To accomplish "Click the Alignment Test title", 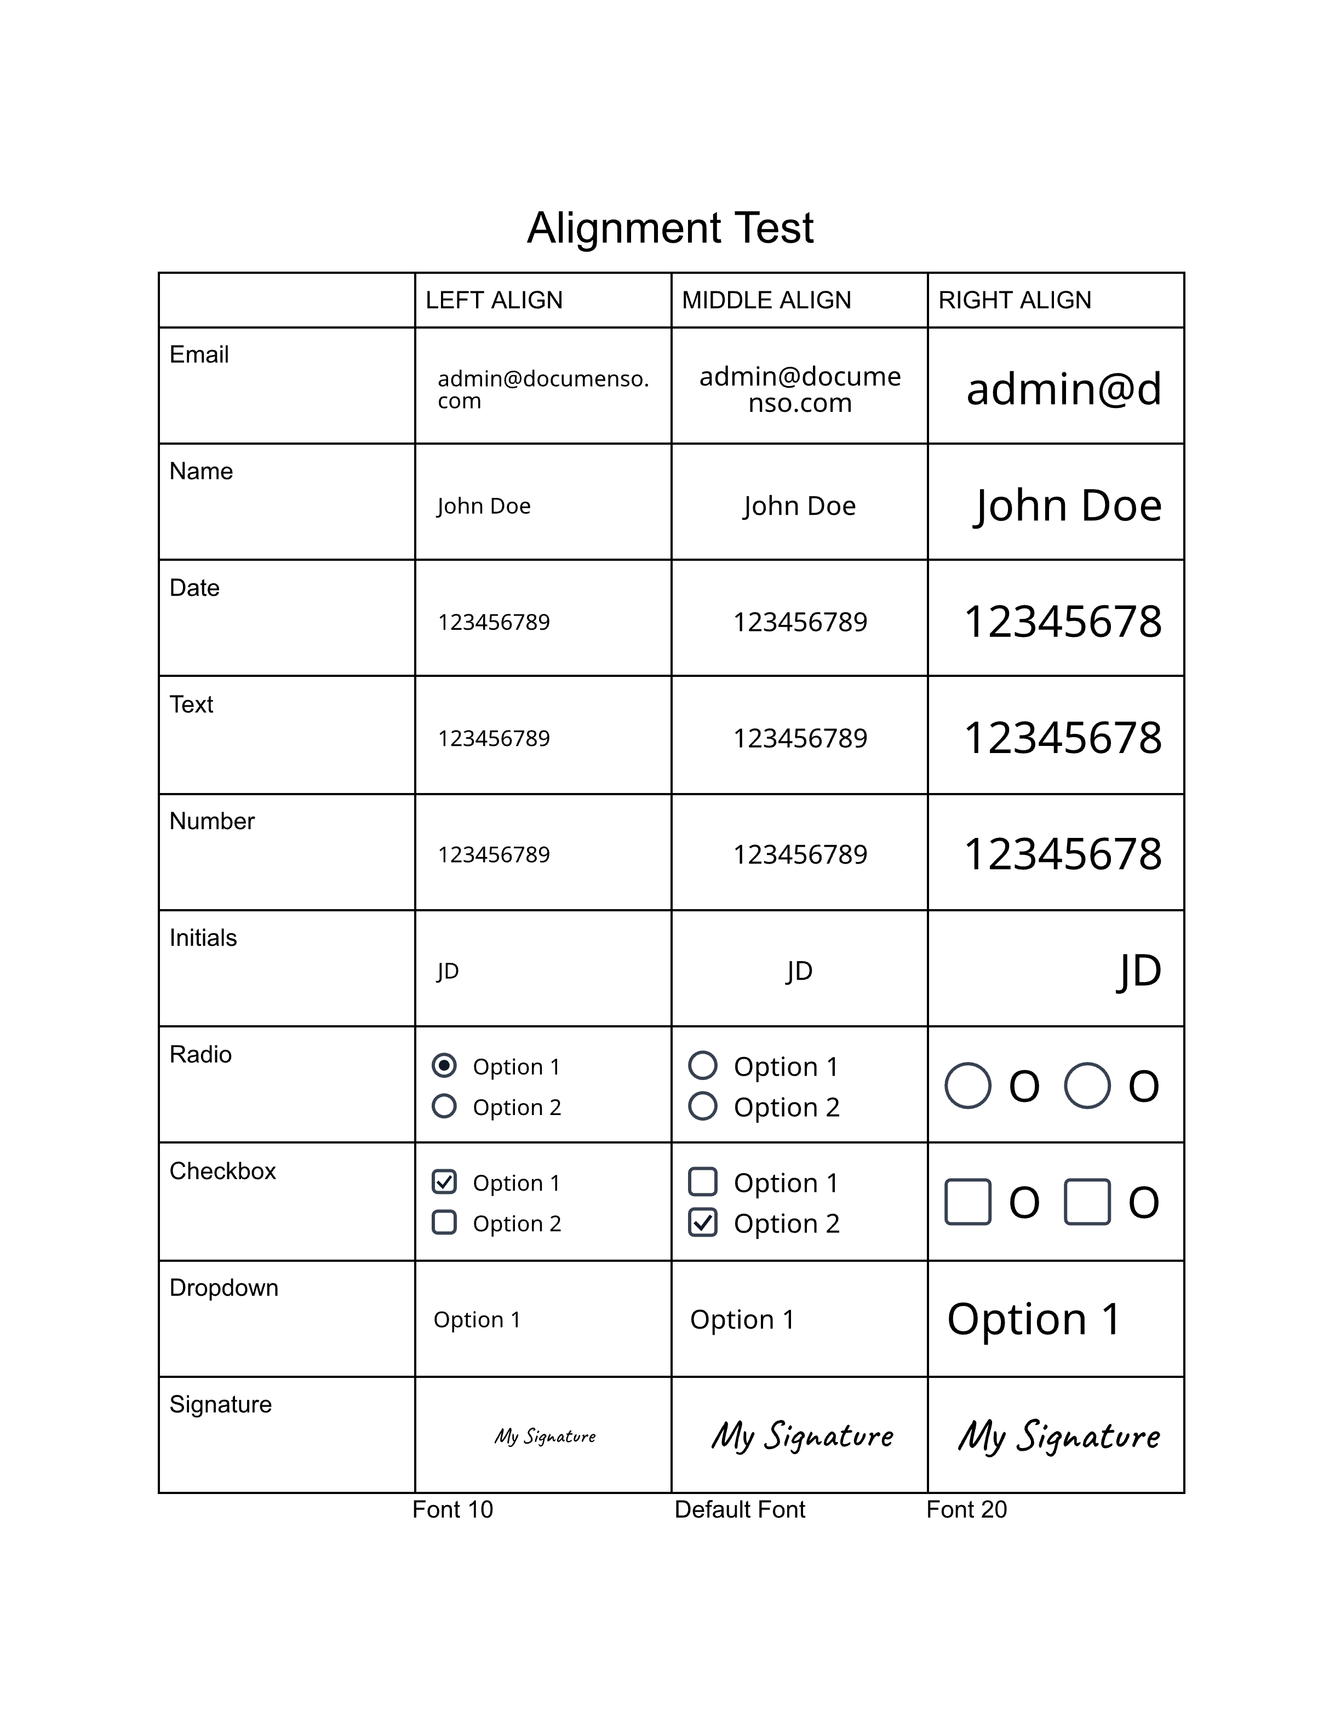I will click(670, 229).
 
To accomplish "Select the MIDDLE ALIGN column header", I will click(766, 300).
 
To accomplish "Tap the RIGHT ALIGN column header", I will click(1015, 300).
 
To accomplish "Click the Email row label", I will click(199, 354).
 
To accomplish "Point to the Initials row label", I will click(203, 938).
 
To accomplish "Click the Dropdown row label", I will click(224, 1288).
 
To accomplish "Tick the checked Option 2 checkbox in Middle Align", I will click(703, 1222).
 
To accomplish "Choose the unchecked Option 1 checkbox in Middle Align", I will click(703, 1182).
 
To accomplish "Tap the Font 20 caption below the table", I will click(966, 1509).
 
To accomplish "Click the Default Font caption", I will click(740, 1509).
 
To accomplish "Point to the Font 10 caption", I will click(452, 1509).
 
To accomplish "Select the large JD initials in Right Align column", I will click(1140, 971).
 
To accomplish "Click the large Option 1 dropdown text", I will click(1034, 1319).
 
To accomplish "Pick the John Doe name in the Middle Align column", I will click(799, 506).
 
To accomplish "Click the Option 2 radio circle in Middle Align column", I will click(703, 1106).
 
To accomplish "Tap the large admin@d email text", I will click(1064, 389).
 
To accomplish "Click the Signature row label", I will click(220, 1405).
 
